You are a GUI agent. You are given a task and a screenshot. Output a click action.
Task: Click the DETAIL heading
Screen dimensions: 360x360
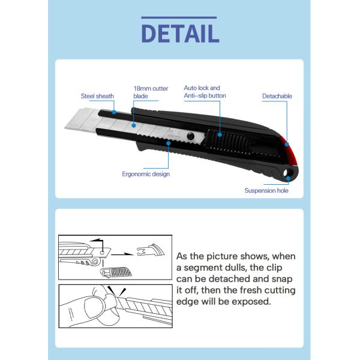[180, 34]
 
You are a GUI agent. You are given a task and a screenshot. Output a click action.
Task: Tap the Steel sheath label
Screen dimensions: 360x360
[97, 96]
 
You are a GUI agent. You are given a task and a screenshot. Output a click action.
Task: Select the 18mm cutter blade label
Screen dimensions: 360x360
[151, 92]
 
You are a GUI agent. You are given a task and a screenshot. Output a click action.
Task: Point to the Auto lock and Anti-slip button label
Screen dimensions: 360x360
[205, 92]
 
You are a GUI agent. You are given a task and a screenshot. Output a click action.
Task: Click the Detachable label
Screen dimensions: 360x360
[277, 96]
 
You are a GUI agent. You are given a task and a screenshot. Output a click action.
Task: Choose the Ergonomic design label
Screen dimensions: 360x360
[146, 174]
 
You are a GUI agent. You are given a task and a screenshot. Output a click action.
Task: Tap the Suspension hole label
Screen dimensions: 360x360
[266, 190]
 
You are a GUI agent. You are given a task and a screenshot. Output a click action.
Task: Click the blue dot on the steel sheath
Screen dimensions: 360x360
[114, 112]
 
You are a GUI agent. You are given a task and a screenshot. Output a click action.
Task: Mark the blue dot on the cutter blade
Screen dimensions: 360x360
[134, 125]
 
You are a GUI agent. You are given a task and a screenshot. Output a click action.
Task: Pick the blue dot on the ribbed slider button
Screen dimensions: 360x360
[220, 135]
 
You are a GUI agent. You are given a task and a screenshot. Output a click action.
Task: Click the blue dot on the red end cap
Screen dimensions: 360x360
[287, 144]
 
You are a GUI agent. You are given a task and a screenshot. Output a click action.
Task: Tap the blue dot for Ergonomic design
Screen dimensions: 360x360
[168, 143]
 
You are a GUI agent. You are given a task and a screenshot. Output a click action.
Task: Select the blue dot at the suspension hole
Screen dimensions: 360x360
[288, 178]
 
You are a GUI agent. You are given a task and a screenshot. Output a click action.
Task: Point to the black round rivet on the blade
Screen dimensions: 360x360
[190, 136]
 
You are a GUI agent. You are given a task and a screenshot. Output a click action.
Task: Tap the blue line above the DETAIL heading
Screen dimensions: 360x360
[179, 17]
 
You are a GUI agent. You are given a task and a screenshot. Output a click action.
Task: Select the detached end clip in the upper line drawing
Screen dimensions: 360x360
[151, 250]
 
